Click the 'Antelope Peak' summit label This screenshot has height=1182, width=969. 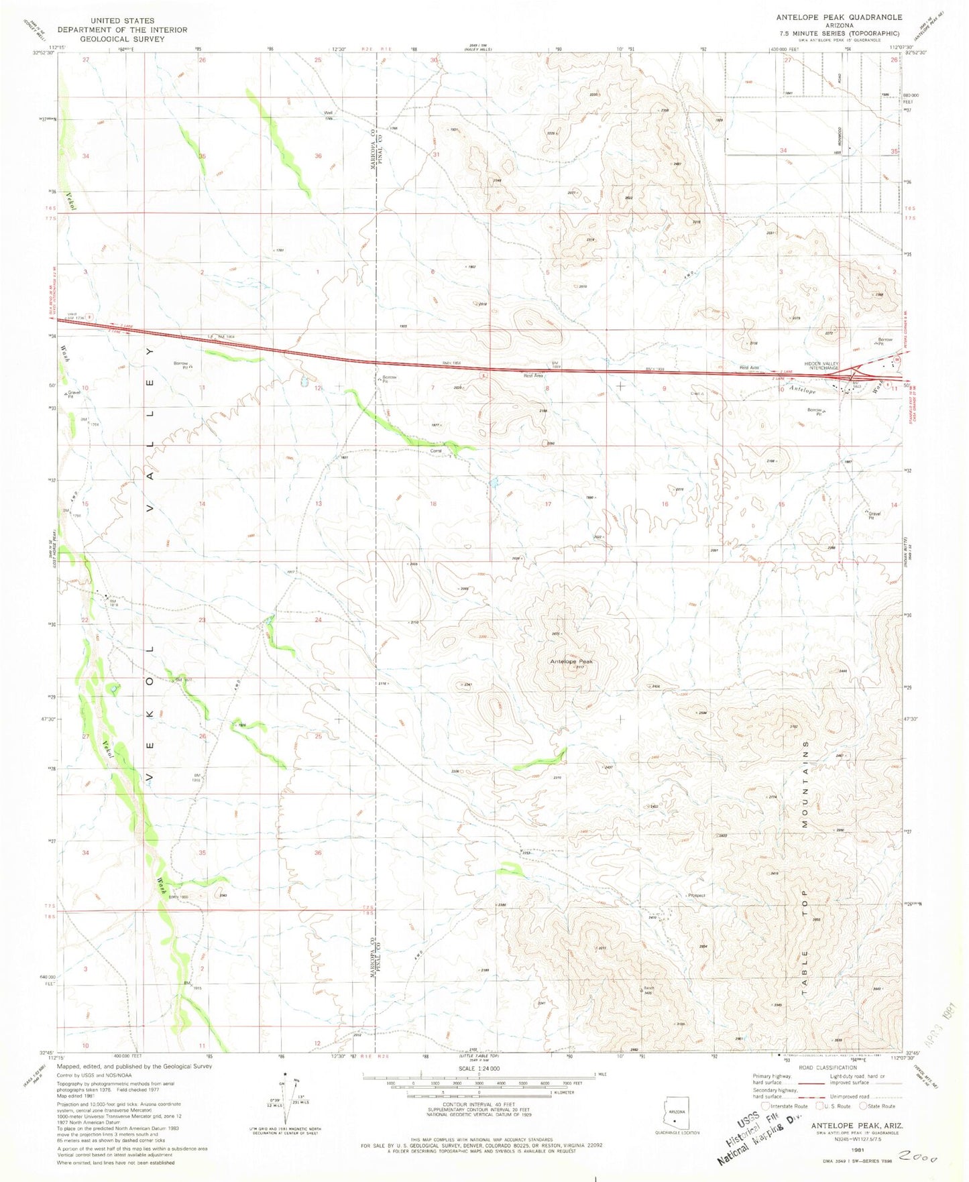pyautogui.click(x=571, y=661)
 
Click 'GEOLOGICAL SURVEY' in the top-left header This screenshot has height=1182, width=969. pyautogui.click(x=121, y=39)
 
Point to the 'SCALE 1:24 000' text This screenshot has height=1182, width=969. pyautogui.click(x=479, y=1068)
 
